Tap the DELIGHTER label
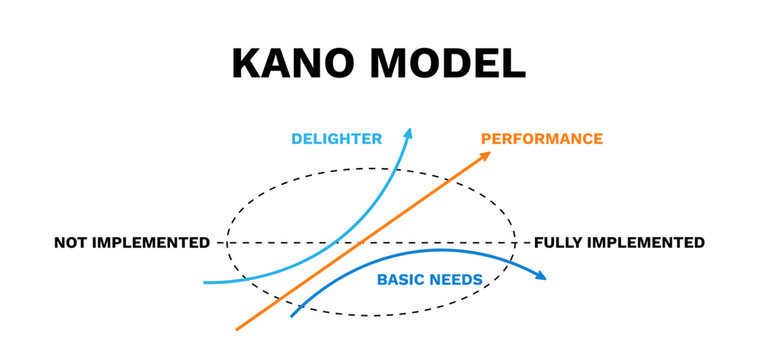point(336,139)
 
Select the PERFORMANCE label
point(542,139)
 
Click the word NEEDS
point(458,279)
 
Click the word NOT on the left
point(72,243)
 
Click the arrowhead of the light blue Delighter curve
point(408,132)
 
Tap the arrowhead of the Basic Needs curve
point(542,276)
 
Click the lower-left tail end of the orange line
point(237,327)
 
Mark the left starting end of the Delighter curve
point(205,282)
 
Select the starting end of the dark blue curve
point(292,316)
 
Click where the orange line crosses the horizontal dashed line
point(357,243)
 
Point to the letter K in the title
point(246,63)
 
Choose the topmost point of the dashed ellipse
point(370,170)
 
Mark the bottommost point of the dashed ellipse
point(370,315)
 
